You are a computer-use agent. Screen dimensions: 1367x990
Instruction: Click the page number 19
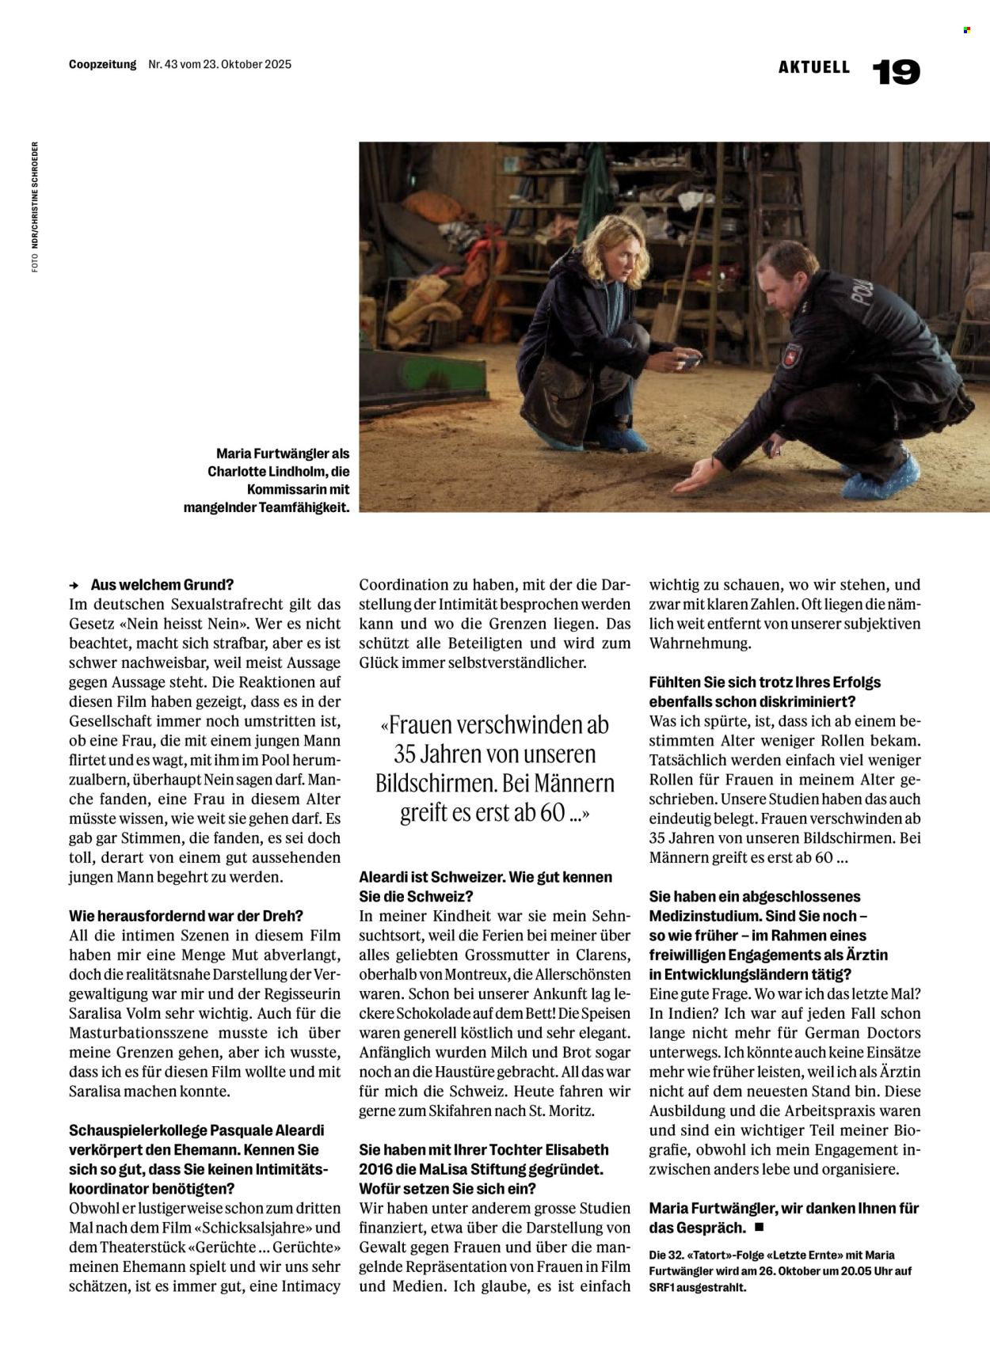[x=896, y=73]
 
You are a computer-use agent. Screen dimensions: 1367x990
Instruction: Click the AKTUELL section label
[x=813, y=67]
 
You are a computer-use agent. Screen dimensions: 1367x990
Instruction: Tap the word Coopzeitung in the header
[x=102, y=65]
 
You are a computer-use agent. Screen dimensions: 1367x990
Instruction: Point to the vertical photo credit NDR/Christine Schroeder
[x=35, y=207]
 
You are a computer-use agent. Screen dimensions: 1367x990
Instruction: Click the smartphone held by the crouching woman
[x=687, y=363]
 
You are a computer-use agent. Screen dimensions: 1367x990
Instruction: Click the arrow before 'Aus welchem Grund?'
[x=74, y=586]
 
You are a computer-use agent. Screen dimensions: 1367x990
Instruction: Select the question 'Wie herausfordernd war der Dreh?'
[x=186, y=916]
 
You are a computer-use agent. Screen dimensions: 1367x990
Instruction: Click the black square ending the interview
[x=759, y=1227]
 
